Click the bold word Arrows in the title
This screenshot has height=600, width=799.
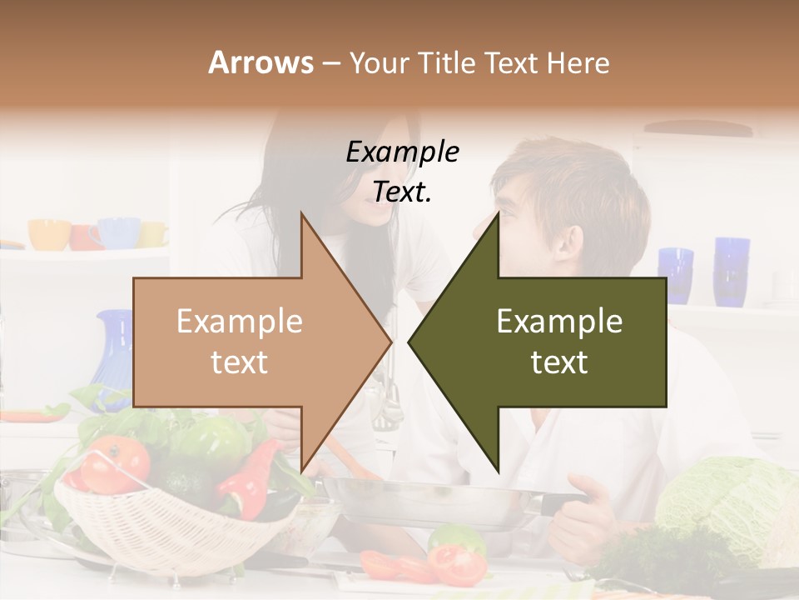[261, 63]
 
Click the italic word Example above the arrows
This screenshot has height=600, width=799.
[402, 152]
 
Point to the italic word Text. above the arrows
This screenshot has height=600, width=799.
[402, 192]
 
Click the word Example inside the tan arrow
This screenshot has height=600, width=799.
[239, 322]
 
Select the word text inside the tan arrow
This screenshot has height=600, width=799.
[239, 362]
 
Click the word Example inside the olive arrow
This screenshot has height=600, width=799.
[559, 322]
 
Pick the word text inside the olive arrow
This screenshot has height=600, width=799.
[559, 362]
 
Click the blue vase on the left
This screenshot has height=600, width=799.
[115, 350]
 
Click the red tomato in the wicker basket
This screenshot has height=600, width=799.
[115, 462]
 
